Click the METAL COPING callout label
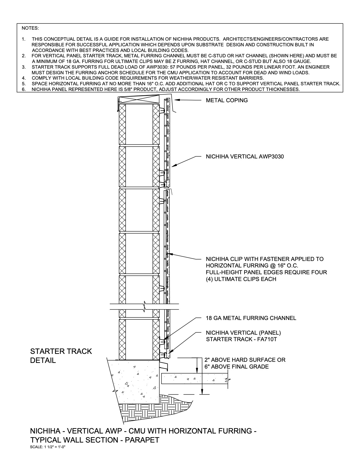click(x=227, y=100)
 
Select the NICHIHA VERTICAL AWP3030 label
click(x=245, y=156)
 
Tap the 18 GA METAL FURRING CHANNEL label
click(x=251, y=318)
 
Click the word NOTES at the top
click(x=30, y=28)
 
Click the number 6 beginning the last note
click(x=23, y=90)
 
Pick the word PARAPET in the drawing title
click(x=142, y=440)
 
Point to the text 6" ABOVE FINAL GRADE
click(x=237, y=367)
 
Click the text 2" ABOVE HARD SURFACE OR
click(x=245, y=360)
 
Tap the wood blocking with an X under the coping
click(x=139, y=100)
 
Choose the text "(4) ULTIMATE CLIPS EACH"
click(x=241, y=279)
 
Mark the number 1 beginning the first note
click(x=23, y=39)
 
